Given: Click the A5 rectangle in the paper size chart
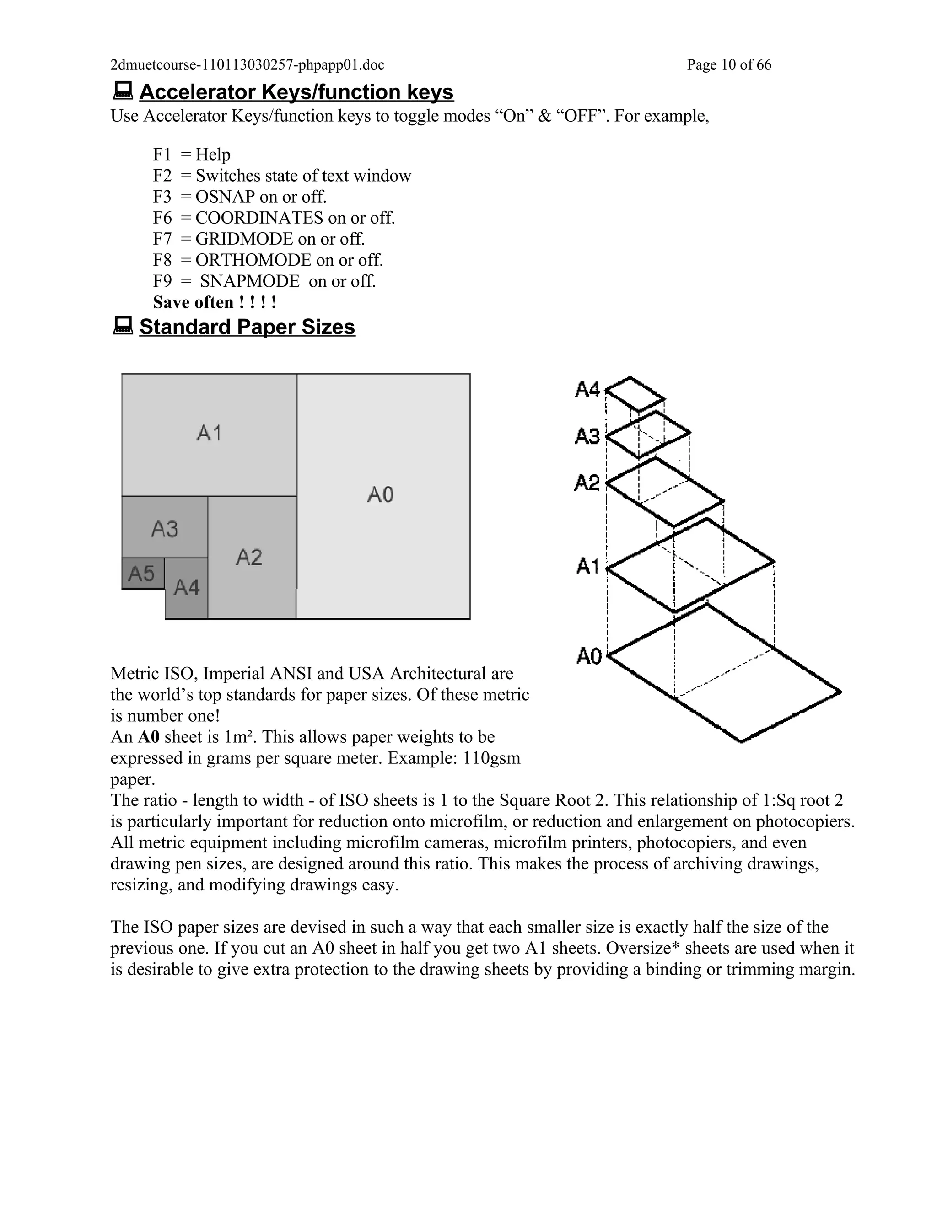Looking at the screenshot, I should tap(143, 573).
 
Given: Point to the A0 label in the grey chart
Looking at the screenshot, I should tap(381, 494).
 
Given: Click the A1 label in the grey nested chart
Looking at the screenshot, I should tap(209, 433).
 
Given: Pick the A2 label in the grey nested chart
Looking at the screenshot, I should tap(249, 557).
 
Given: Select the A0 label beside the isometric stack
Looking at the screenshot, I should tap(589, 657).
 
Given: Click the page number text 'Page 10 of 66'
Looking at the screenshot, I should tap(729, 65).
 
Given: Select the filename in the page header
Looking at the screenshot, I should tap(247, 65).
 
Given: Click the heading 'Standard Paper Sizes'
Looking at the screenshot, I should tap(247, 327).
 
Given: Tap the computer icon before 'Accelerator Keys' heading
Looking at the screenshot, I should tap(123, 91).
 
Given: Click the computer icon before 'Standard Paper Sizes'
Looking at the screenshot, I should tap(123, 326).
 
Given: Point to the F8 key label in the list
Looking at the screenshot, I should tap(162, 260).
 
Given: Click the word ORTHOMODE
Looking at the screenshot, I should tap(253, 260).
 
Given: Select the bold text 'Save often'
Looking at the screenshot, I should tap(193, 302).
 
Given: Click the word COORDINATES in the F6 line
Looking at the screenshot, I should tap(259, 218).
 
